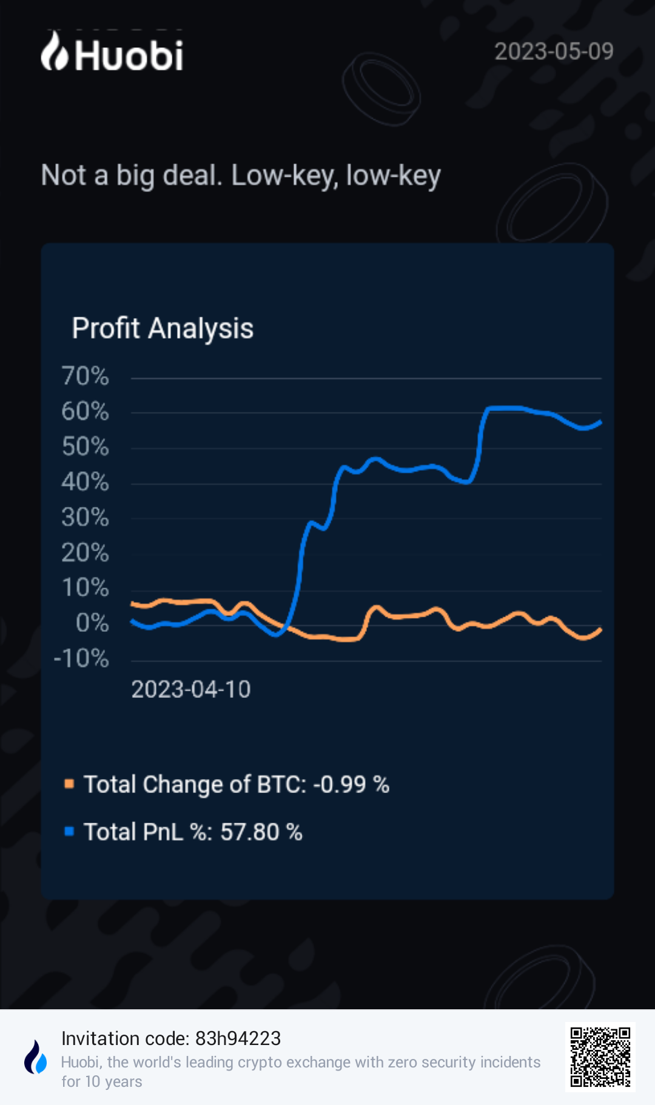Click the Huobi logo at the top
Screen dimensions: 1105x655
pos(112,53)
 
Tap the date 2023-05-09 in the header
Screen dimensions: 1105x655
pos(554,51)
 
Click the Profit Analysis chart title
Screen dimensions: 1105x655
pos(163,328)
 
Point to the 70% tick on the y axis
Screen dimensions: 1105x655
pos(86,376)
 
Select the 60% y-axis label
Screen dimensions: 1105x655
pos(86,412)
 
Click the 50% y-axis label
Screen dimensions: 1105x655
pos(86,447)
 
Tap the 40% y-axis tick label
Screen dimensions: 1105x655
pos(86,482)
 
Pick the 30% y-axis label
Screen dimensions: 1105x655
pos(86,517)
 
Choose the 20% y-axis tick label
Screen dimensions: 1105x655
pos(86,552)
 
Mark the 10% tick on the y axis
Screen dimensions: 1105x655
pos(86,588)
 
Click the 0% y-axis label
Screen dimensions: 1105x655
pos(92,623)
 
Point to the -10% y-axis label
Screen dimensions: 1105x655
pos(81,659)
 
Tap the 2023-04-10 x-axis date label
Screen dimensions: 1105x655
pos(191,689)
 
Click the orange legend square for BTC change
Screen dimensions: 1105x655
pos(69,784)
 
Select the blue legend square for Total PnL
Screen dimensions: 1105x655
pos(69,831)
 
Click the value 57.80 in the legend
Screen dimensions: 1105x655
pos(249,832)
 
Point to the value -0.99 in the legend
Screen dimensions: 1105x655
pos(340,785)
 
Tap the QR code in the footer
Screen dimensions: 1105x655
pos(600,1057)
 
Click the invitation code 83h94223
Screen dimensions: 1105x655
pos(238,1038)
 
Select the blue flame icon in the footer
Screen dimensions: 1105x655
pos(36,1057)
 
